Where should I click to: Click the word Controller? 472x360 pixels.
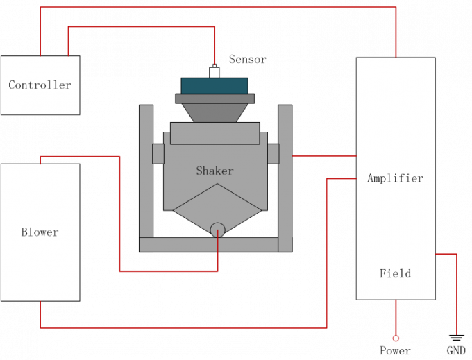pyautogui.click(x=40, y=85)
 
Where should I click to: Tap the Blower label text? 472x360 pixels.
pyautogui.click(x=40, y=232)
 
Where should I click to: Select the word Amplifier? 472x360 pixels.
pyautogui.click(x=395, y=178)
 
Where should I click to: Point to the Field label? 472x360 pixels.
pyautogui.click(x=395, y=273)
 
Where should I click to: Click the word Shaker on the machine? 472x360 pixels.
pyautogui.click(x=214, y=171)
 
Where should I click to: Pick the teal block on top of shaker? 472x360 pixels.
pyautogui.click(x=214, y=85)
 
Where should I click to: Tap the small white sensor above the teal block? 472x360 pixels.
pyautogui.click(x=214, y=72)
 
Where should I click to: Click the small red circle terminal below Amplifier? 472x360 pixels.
pyautogui.click(x=396, y=338)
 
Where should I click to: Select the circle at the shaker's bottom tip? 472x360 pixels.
pyautogui.click(x=217, y=230)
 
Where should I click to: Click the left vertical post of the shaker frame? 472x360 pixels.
pyautogui.click(x=146, y=173)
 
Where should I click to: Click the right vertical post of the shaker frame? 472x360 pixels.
pyautogui.click(x=285, y=173)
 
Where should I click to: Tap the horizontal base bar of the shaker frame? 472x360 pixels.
pyautogui.click(x=208, y=245)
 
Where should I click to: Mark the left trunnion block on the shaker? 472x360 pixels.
pyautogui.click(x=158, y=153)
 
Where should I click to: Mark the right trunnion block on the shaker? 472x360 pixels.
pyautogui.click(x=273, y=153)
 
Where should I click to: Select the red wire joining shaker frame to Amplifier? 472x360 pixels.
pyautogui.click(x=323, y=156)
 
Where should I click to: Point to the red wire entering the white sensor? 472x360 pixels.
pyautogui.click(x=214, y=45)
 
